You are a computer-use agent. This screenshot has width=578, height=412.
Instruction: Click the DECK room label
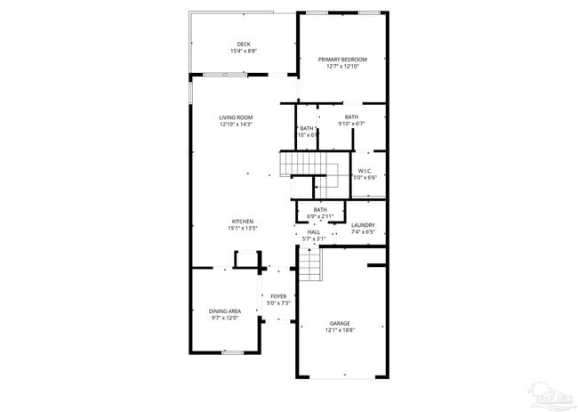[x=243, y=44]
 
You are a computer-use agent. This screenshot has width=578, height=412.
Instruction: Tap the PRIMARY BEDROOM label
[x=342, y=59]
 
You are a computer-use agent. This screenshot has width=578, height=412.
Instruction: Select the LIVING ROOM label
[x=237, y=117]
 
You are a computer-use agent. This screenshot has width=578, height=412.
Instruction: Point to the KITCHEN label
[x=243, y=222]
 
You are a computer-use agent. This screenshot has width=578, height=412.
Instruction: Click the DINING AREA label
[x=225, y=311]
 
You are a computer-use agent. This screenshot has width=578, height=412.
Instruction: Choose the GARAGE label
[x=340, y=324]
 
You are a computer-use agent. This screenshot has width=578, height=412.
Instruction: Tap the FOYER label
[x=278, y=296]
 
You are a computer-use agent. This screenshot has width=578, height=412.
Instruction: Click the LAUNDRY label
[x=363, y=225]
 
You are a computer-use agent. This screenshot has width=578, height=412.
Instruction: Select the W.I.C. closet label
[x=365, y=171]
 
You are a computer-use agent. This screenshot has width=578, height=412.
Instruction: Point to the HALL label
[x=313, y=231]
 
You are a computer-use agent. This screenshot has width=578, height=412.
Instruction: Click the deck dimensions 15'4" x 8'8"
[x=243, y=52]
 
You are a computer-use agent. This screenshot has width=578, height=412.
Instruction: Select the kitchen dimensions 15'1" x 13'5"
[x=243, y=229]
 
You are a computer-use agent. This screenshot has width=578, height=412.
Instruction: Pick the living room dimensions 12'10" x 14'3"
[x=237, y=125]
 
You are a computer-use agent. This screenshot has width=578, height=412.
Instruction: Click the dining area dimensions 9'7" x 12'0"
[x=225, y=318]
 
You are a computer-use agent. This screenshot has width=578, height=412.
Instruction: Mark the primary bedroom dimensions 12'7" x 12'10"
[x=342, y=66]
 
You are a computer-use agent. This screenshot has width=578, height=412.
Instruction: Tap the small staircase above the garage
[x=308, y=263]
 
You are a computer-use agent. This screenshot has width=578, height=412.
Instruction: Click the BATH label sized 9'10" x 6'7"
[x=351, y=117]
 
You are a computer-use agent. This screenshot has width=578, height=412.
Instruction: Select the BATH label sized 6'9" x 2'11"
[x=319, y=210]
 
